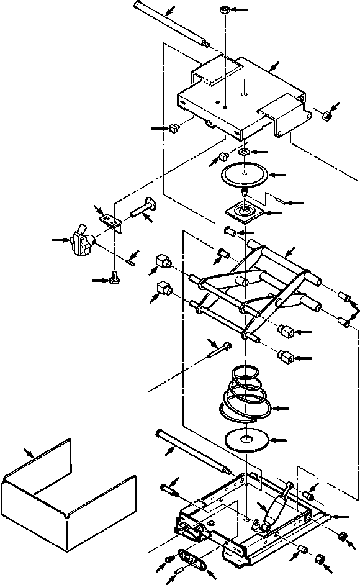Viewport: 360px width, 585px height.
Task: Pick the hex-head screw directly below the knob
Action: pyautogui.click(x=114, y=279)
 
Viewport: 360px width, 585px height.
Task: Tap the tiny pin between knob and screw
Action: pyautogui.click(x=130, y=262)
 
